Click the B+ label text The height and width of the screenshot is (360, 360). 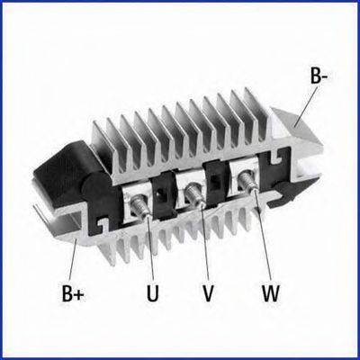[73, 292]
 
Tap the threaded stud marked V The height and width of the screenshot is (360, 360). [194, 195]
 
